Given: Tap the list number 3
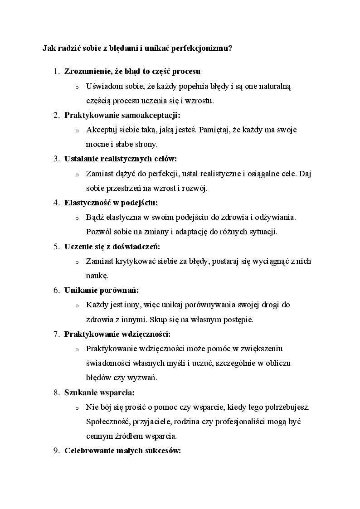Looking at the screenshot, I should [56, 159].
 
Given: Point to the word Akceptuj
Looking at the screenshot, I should [100, 130].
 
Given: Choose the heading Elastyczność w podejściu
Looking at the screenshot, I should [111, 203].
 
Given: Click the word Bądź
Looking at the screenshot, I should [94, 217].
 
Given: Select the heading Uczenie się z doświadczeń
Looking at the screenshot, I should [112, 247].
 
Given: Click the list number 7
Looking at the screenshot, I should [56, 334].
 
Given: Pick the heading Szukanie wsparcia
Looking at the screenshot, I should [100, 393].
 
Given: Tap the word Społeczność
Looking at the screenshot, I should [107, 422].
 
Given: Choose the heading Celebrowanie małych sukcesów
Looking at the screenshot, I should [123, 451].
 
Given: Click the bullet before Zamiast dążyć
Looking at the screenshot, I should [77, 175].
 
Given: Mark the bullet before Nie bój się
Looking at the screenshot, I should [77, 408].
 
